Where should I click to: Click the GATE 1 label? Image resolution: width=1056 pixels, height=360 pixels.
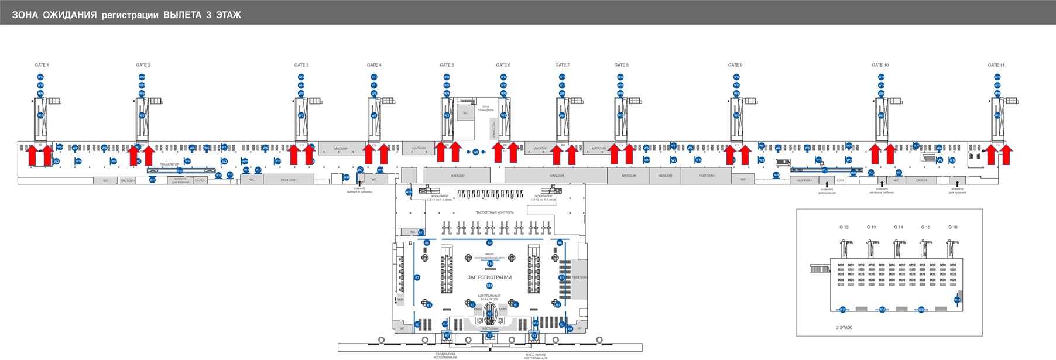point(42,65)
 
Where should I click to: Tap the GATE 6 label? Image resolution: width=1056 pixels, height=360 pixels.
point(503,65)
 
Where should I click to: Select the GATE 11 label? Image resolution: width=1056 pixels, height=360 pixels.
point(996,65)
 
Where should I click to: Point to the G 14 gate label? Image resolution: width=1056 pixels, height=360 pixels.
point(898,227)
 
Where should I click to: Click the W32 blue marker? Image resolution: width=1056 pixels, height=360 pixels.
point(957,300)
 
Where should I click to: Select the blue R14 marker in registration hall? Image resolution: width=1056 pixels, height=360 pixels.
point(489,286)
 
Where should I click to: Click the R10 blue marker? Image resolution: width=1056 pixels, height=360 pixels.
point(490,264)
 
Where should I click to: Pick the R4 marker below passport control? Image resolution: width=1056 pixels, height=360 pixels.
point(489,242)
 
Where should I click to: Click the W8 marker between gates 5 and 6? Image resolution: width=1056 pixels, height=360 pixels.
point(476,152)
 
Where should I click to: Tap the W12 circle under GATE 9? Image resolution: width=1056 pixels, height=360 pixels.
point(736,77)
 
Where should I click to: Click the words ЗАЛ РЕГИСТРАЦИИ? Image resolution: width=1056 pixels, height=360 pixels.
point(489,277)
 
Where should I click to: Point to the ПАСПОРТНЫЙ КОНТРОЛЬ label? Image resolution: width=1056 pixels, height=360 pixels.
point(494,212)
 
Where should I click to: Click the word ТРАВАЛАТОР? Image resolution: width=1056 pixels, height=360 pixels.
point(169,164)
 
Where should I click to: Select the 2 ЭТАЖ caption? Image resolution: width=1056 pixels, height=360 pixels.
point(844,327)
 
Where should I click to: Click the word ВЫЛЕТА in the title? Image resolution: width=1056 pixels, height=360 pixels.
point(182,15)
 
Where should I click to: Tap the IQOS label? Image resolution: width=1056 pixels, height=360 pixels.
point(840,180)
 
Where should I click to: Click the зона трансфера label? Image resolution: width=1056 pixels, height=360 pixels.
point(487,108)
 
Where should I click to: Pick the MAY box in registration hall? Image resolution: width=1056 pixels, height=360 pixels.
point(400,300)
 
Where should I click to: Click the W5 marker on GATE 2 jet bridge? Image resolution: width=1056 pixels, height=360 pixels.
point(142,115)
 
